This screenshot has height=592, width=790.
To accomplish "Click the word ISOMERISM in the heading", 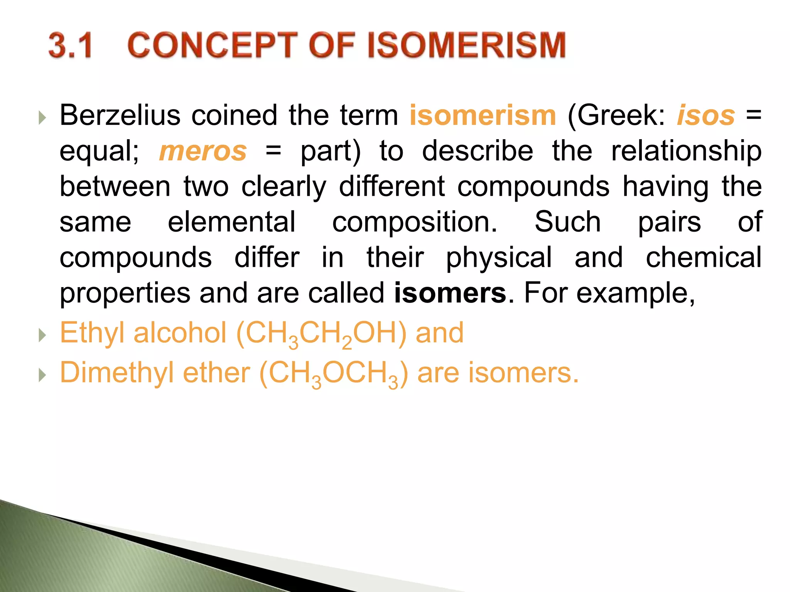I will point(466,45).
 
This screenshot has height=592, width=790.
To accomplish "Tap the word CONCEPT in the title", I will point(213,45).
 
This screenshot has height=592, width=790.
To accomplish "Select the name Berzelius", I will point(120,115).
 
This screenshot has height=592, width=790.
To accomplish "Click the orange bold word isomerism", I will point(483,115).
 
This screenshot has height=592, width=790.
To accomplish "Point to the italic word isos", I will point(706,115).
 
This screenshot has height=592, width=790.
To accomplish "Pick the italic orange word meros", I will point(203,151).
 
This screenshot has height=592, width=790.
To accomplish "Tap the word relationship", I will point(686,151).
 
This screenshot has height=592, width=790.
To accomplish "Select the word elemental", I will point(231,222).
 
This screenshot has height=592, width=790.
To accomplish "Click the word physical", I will point(499,258).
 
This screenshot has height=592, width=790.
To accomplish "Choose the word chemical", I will point(704,258).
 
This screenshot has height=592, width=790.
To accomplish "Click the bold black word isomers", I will point(450,293).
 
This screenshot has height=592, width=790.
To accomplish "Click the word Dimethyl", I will point(117,373).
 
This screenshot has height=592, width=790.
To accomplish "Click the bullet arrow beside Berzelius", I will point(42,117).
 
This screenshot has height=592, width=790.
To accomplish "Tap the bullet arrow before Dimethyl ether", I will point(42,375).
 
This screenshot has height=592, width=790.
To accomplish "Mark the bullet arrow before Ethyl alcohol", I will point(42,335).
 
